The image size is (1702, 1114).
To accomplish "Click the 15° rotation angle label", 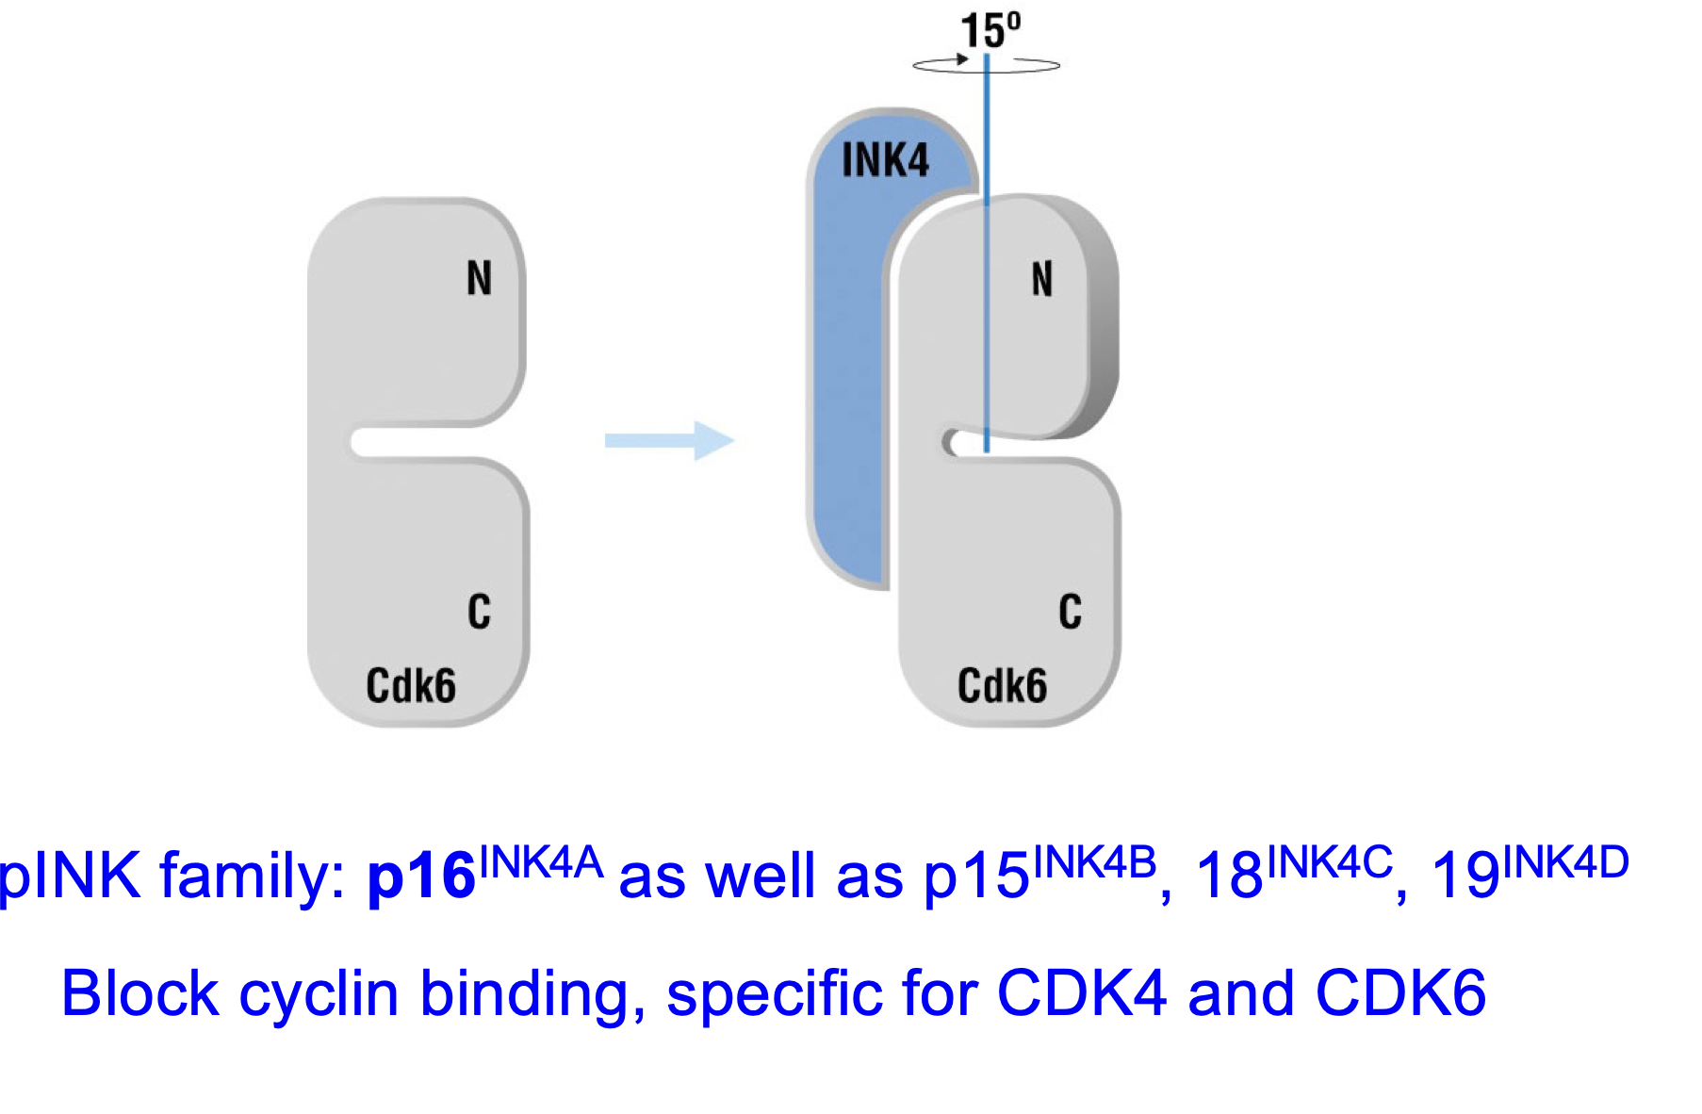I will pos(990,31).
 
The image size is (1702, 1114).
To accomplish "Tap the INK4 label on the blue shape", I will pos(885,160).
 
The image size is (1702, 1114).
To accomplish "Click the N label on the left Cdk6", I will pos(479,279).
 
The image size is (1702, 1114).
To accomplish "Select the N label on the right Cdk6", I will pos(1041,280).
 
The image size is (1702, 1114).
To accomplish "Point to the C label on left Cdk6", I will pos(479,612).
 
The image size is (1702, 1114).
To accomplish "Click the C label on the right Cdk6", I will pos(1070,612).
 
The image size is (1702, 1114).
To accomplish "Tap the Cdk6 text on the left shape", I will pos(411,685).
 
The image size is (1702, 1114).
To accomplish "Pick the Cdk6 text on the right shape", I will pos(1002,685).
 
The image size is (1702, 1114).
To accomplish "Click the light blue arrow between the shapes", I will pos(669,440).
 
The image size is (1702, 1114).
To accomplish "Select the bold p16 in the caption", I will pos(421,876).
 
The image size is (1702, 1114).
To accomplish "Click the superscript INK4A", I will pos(541,861).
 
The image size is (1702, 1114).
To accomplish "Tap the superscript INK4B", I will pos(1094,861).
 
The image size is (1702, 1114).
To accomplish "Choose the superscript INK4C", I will pos(1330,861).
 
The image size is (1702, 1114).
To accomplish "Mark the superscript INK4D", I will pos(1565,861).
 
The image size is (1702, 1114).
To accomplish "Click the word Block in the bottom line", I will pos(139,993).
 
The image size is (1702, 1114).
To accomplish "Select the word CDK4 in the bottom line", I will pos(1081,993).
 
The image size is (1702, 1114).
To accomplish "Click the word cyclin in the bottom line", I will pos(319,995).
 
